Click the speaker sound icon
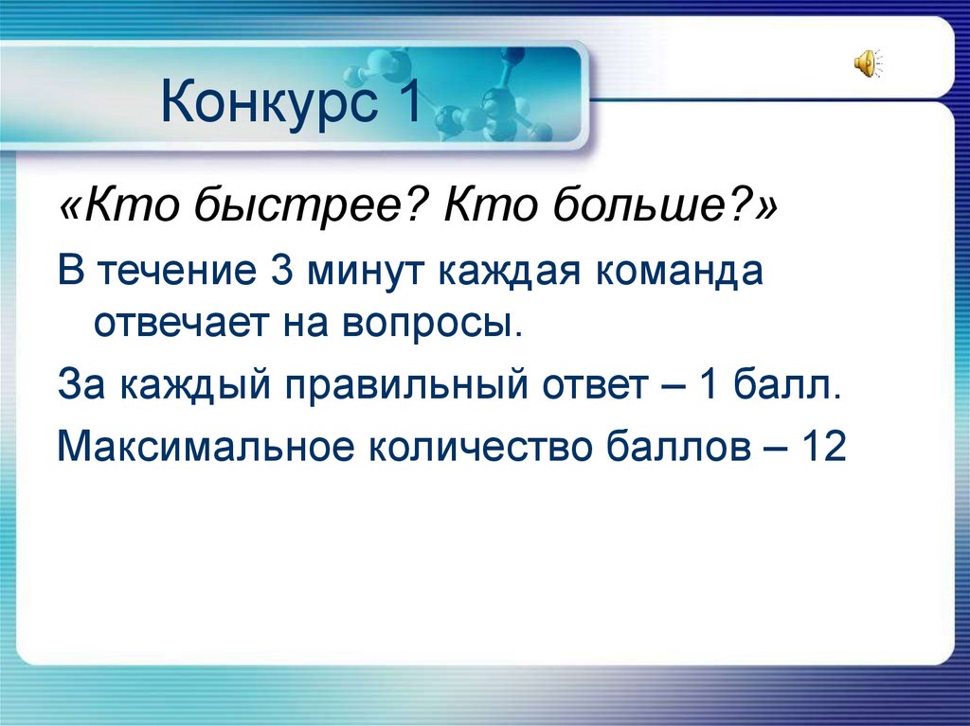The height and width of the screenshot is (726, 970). click(867, 64)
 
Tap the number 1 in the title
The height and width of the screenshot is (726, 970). click(405, 102)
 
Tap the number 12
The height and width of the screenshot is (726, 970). click(822, 446)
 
